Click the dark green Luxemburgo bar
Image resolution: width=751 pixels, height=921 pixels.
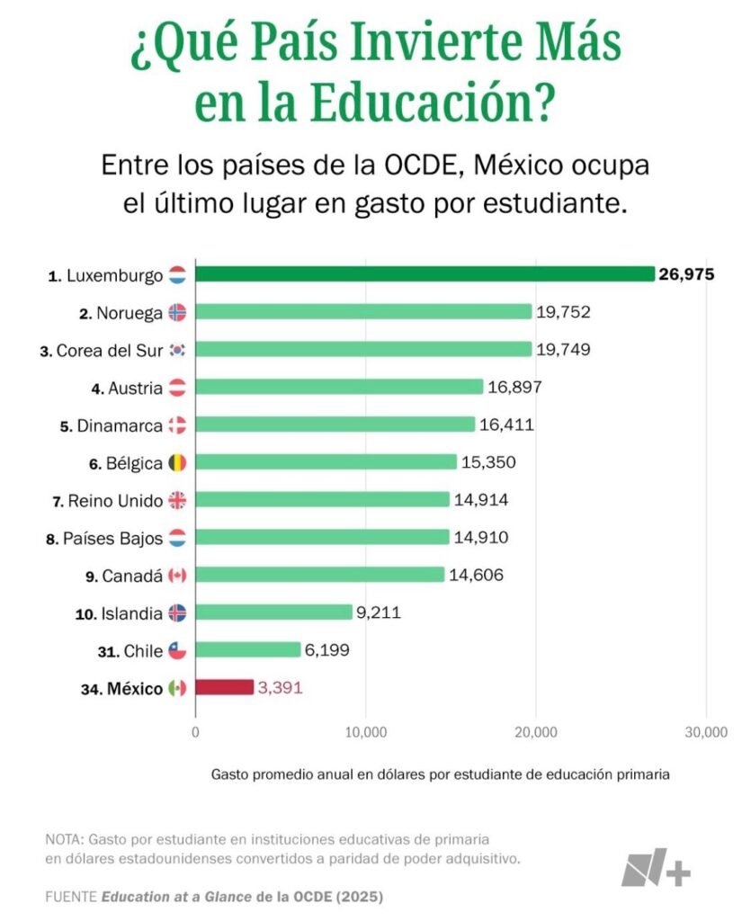point(425,274)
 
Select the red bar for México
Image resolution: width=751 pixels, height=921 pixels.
point(225,688)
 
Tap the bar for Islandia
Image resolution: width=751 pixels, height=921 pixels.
point(273,613)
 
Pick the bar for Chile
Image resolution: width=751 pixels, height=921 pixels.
point(248,650)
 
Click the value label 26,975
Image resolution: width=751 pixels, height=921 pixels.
point(686,274)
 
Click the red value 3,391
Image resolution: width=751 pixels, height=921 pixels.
point(281,688)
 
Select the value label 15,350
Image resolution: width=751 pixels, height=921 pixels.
point(488,462)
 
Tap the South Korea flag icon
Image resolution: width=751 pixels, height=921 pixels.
point(177,350)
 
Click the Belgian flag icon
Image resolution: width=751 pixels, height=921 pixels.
point(177,463)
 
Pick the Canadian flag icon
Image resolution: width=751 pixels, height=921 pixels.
point(177,576)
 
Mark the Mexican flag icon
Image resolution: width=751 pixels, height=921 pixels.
point(177,689)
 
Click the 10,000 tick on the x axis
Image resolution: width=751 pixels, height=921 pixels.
point(365,732)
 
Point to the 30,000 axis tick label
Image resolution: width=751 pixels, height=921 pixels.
point(706,732)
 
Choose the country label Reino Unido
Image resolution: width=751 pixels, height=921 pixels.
point(115,501)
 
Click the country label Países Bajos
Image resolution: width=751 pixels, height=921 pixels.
point(112,539)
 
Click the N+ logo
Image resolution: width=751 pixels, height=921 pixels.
point(656,866)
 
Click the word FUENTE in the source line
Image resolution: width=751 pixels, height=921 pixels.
point(70,897)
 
